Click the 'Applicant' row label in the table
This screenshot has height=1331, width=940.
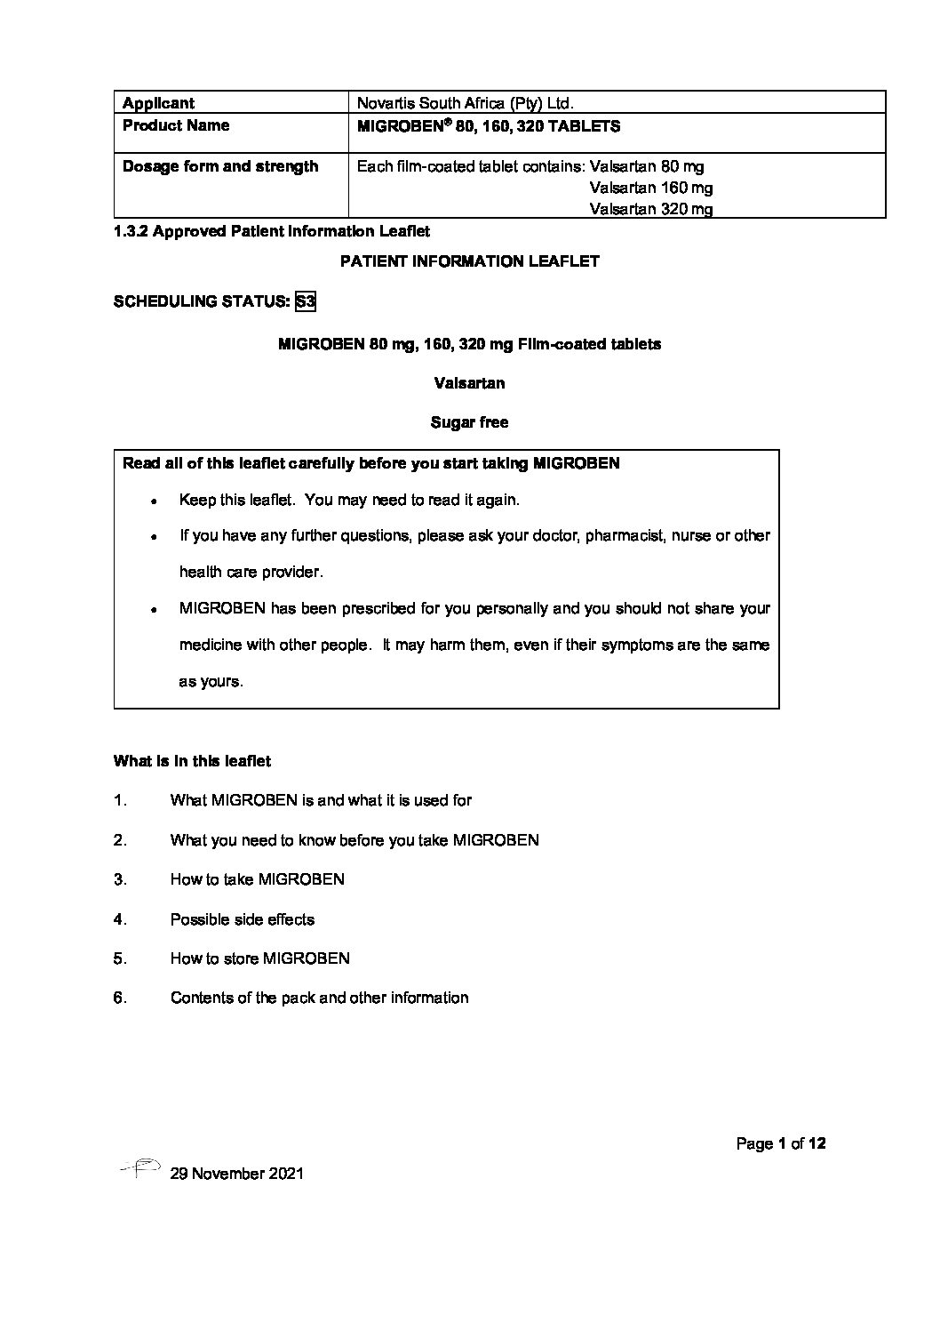158,103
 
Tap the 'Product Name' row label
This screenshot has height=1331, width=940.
175,125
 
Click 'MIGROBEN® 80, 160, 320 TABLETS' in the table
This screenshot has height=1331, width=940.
488,126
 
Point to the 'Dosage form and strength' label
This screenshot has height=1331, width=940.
219,166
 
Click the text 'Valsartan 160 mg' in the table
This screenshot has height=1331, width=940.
650,188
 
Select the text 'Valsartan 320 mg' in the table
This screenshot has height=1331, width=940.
650,210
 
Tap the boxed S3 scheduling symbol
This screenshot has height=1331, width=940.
306,301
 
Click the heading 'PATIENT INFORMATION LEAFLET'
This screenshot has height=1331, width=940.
470,261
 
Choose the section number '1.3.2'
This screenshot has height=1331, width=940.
131,231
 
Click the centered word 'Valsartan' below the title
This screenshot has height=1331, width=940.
470,383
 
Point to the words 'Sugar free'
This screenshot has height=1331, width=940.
469,422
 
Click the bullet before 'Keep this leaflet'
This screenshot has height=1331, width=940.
154,501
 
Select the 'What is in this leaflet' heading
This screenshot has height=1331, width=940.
192,761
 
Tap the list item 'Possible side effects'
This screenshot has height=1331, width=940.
242,919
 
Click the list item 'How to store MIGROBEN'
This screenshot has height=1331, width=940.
259,958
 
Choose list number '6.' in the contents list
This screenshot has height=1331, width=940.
120,998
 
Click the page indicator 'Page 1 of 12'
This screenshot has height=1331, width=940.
781,1143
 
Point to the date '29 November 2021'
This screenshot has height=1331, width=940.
235,1174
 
